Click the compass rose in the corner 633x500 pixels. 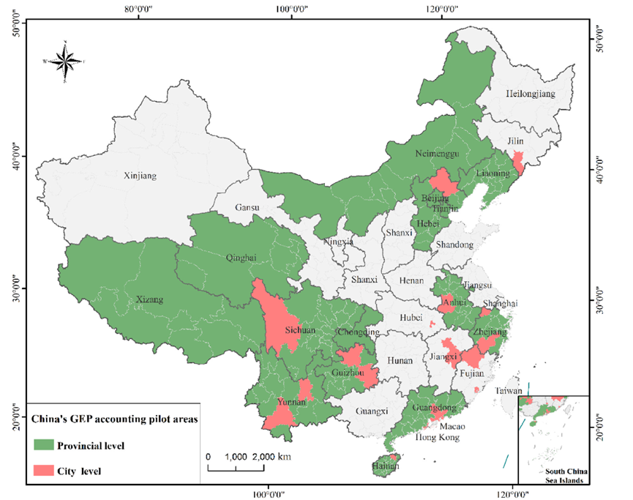pos(64,61)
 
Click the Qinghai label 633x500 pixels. pos(241,257)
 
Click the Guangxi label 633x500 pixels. pos(372,411)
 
